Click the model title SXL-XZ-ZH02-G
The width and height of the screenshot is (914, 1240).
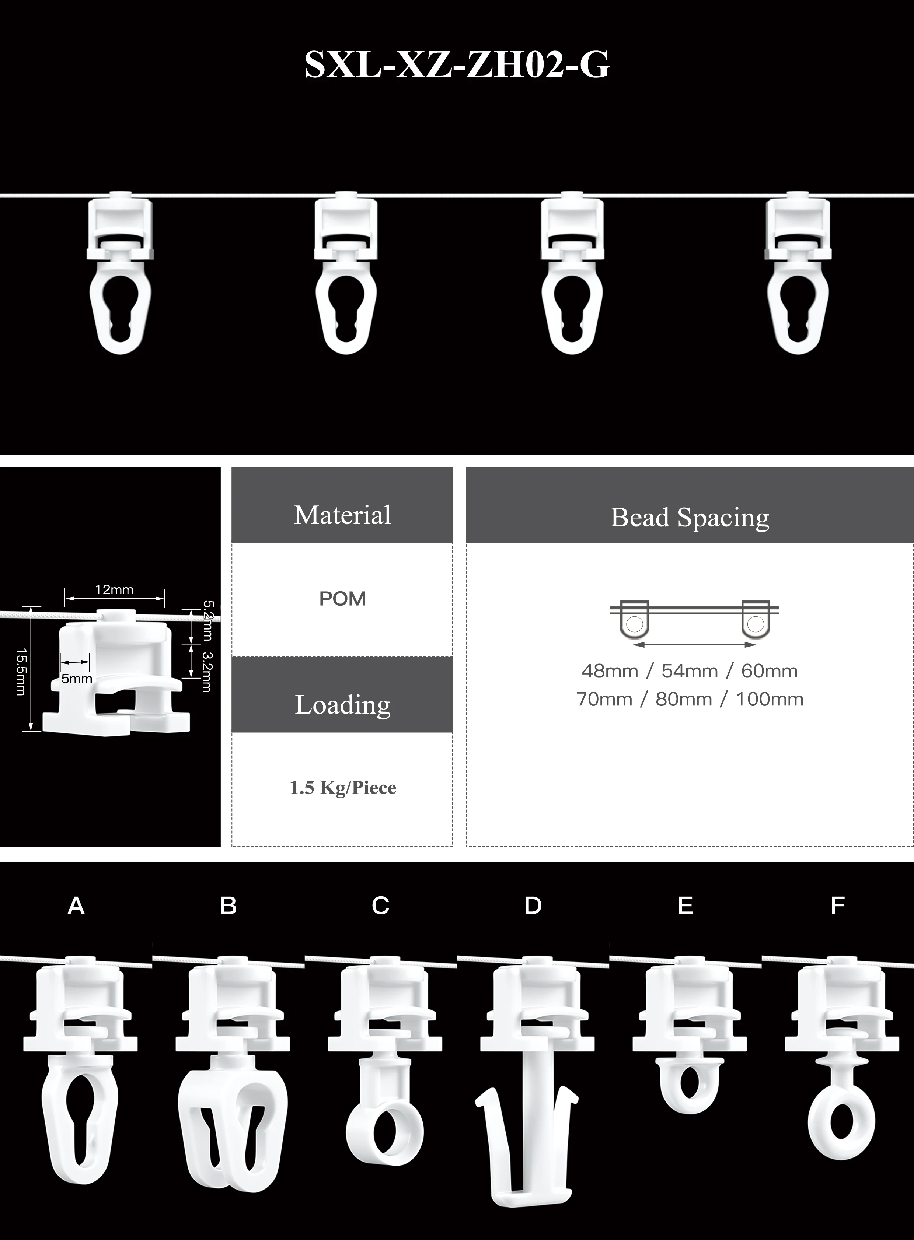click(457, 65)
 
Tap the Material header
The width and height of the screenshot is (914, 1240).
click(342, 515)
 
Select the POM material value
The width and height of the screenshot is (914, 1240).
click(342, 598)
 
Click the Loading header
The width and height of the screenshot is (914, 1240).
click(342, 705)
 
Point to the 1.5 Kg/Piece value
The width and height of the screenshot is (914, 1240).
click(342, 788)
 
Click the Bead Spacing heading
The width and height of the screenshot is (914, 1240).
click(690, 517)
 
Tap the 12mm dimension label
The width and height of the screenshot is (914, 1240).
click(114, 589)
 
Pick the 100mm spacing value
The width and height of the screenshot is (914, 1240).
click(769, 699)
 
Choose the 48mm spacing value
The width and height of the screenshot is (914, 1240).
click(609, 671)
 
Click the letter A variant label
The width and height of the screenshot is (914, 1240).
click(76, 906)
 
